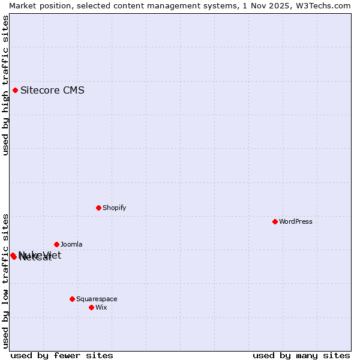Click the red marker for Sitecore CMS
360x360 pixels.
(x=15, y=91)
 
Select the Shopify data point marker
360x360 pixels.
(x=98, y=208)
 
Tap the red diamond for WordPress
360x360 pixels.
(x=275, y=221)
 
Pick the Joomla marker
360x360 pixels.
(x=56, y=244)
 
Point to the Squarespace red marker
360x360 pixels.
(x=72, y=299)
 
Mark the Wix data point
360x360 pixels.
(x=91, y=307)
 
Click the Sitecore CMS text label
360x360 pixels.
(x=52, y=91)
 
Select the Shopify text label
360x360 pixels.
(x=114, y=208)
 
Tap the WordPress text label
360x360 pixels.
(x=296, y=221)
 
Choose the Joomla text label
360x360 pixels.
(x=71, y=244)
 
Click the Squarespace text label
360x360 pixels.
(x=97, y=299)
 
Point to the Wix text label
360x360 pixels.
(x=101, y=307)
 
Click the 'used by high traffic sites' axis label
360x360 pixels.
(x=5, y=85)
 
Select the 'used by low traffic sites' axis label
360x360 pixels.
(x=5, y=280)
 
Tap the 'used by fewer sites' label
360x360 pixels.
(x=62, y=355)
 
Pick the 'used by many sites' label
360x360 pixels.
(x=301, y=355)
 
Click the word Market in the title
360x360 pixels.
(x=22, y=5)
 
